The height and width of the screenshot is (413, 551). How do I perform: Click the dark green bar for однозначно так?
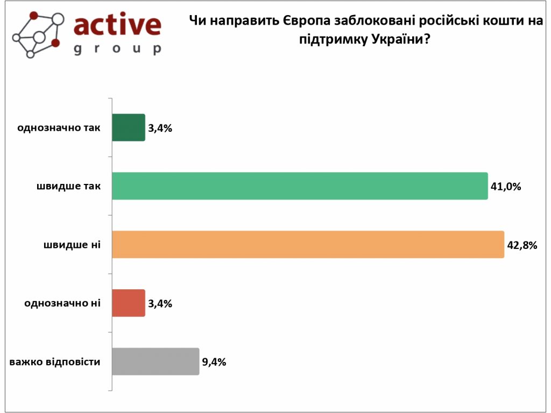click(x=129, y=127)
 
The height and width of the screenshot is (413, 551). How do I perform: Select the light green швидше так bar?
click(x=300, y=186)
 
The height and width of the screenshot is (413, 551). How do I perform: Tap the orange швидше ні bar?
click(x=308, y=245)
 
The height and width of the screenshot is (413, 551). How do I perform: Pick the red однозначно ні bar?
click(x=129, y=303)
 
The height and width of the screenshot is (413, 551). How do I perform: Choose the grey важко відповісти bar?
click(x=156, y=361)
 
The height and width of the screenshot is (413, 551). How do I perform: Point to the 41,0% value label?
click(x=506, y=187)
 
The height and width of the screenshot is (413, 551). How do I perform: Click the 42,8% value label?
click(x=522, y=245)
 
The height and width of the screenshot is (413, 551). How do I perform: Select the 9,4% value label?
click(x=214, y=362)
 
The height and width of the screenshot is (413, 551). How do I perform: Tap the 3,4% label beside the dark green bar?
click(x=160, y=128)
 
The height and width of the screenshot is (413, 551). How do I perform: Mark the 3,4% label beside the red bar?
click(x=160, y=304)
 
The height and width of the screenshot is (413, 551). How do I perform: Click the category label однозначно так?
click(x=59, y=128)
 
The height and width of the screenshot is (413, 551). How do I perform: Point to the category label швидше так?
click(x=69, y=186)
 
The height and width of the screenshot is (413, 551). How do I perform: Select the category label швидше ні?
click(x=73, y=245)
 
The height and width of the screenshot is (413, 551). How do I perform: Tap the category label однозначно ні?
click(x=62, y=303)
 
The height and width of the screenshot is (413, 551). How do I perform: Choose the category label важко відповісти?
click(x=55, y=361)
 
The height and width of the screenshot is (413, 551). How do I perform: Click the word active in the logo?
click(x=117, y=25)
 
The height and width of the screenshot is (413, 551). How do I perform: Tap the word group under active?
click(x=117, y=49)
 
